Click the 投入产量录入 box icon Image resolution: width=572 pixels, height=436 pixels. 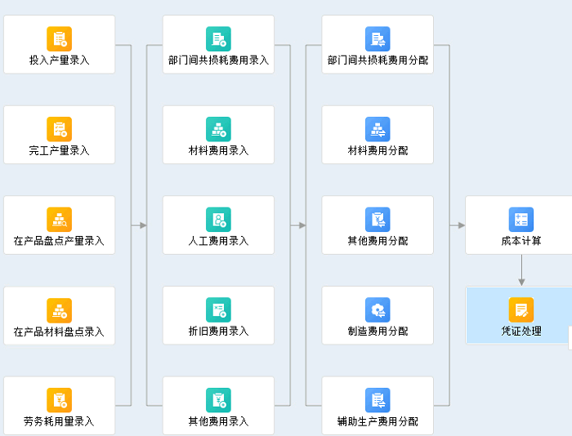coord(59,38)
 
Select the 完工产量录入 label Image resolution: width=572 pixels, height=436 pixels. coord(59,150)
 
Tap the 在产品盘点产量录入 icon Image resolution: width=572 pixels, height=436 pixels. coord(59,219)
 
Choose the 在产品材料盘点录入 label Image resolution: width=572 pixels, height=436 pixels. coord(59,331)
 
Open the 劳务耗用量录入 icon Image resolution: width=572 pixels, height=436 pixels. coord(59,399)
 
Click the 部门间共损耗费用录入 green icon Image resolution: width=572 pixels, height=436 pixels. coord(218,38)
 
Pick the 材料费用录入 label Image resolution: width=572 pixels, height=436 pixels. coord(218,150)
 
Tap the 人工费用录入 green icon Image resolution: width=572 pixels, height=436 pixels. coord(218,219)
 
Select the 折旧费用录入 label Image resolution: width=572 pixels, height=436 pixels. coord(218,331)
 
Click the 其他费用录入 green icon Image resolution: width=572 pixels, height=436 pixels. coord(218,399)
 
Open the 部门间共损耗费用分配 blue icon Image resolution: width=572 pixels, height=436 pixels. coord(378,38)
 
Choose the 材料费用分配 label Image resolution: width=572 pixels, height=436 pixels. coord(378,150)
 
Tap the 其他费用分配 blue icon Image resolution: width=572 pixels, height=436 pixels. coord(378,219)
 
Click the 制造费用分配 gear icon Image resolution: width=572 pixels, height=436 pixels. coord(378,309)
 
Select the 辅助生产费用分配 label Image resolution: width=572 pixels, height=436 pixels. coord(378,422)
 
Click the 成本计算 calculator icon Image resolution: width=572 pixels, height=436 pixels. coord(521,219)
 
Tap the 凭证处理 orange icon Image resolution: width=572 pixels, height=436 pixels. coord(521,309)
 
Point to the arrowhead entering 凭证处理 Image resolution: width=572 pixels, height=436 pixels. coord(521,282)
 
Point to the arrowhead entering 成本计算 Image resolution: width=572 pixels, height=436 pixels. coord(461,225)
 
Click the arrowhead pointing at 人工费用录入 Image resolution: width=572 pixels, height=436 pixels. coord(143,225)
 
